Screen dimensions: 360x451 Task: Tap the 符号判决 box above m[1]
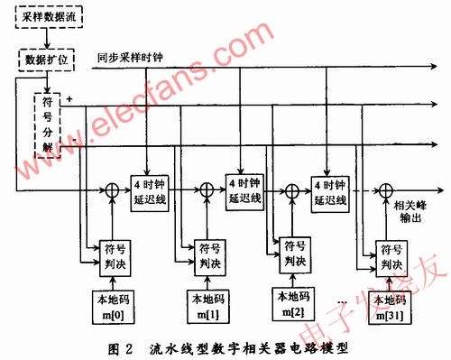tap(204, 253)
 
